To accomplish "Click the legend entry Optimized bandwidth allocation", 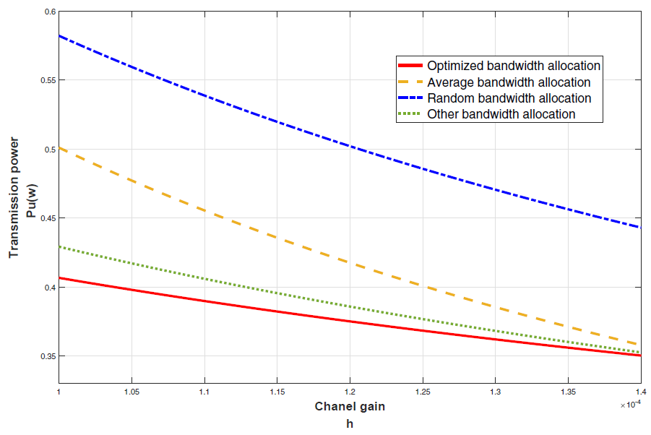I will click(514, 66).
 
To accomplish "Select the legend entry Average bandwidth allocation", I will click(509, 82).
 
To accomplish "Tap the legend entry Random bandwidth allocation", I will click(509, 98).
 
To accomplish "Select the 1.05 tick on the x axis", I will click(131, 392).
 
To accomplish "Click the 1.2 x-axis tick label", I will click(350, 392).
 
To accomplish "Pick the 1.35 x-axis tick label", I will click(568, 392).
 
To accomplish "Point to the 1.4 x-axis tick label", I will click(640, 392).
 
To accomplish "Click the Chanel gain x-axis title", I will click(350, 407).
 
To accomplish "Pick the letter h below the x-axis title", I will click(350, 423).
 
